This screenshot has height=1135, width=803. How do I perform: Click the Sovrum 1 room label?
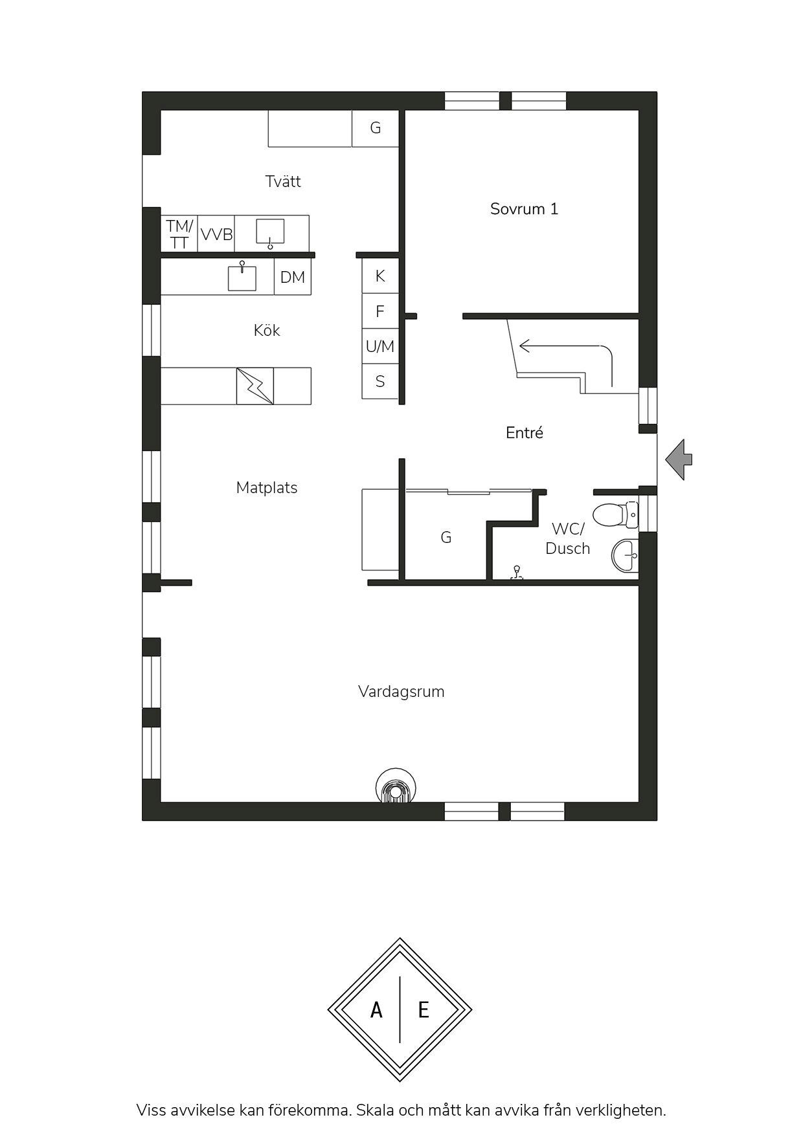tap(524, 209)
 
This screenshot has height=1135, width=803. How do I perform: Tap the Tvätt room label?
tap(283, 181)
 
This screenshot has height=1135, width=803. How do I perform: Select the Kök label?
tap(267, 331)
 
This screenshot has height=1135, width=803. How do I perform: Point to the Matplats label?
tap(267, 488)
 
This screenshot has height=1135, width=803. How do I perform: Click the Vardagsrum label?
tap(401, 692)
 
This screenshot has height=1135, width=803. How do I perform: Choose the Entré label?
tap(525, 432)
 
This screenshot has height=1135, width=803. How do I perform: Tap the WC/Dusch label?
tap(567, 538)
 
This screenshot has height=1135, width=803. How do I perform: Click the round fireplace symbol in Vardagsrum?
tap(396, 787)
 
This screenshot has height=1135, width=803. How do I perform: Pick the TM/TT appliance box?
tap(179, 234)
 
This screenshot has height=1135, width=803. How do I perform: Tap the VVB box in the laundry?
tap(216, 234)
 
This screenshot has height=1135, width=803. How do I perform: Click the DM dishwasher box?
tap(293, 278)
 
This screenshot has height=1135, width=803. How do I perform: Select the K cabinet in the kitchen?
tap(380, 276)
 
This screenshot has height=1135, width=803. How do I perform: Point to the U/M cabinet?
tap(380, 346)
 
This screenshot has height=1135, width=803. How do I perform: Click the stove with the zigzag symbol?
tap(255, 386)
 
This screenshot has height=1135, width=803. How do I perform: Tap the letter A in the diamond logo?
tap(376, 1009)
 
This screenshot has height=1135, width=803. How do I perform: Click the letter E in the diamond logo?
tap(424, 1009)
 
